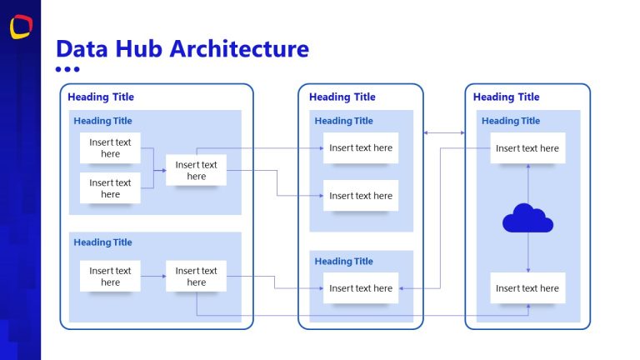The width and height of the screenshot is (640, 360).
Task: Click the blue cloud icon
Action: coord(527,218)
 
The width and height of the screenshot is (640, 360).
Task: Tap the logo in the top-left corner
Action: coord(21,26)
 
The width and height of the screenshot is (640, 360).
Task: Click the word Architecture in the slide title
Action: coord(239,48)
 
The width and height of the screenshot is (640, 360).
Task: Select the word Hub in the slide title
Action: coord(137,48)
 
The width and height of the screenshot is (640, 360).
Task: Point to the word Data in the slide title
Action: coord(80,48)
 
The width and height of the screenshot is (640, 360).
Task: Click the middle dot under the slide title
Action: coord(67,70)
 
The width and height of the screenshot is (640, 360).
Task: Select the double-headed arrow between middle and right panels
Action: coord(444,132)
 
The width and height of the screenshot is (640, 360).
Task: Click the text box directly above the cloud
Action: coord(527,148)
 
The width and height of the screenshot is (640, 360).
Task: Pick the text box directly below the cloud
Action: coord(527,288)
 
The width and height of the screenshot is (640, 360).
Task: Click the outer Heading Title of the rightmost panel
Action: coord(506,97)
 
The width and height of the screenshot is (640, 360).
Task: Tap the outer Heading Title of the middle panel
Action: coord(342,97)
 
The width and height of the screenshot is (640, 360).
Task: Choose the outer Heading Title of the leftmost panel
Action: coord(101,97)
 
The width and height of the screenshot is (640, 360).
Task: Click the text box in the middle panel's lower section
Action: coord(361,288)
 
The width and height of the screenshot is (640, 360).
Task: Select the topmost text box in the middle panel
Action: coord(361,148)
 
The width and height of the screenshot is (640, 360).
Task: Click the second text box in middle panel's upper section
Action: coord(361,196)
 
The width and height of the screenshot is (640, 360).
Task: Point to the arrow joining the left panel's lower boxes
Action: coord(152,276)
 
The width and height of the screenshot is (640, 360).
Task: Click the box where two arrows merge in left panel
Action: coord(196,171)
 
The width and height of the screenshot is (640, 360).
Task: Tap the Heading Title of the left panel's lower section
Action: coord(102,242)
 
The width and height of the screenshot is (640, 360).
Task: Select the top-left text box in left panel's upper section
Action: coord(110,148)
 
